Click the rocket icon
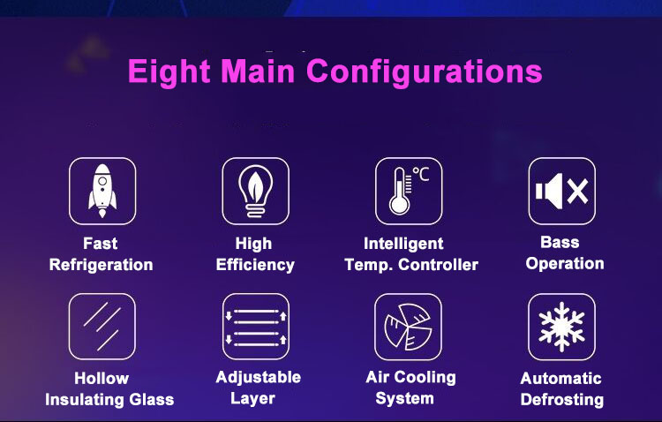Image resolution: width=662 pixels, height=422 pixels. [x=102, y=191]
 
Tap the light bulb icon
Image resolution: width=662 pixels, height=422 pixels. [x=255, y=191]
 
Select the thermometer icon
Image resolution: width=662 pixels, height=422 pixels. [x=400, y=191]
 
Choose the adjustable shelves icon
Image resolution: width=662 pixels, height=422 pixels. [x=256, y=328]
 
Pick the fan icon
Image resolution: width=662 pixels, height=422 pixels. [x=408, y=327]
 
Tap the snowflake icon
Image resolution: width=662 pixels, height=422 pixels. [x=561, y=327]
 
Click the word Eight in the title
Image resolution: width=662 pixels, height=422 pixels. [x=169, y=72]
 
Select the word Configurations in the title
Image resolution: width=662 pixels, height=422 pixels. [x=424, y=72]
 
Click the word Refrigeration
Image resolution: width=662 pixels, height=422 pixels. [x=101, y=265]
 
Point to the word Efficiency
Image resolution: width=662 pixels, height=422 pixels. [x=255, y=265]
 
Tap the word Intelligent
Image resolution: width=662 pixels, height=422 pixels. [x=403, y=244]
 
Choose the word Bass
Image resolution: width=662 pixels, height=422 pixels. [x=560, y=243]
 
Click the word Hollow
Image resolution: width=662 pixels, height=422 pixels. [x=102, y=378]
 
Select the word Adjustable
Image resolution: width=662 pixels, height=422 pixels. [x=258, y=377]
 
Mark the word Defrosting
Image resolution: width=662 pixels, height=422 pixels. [x=562, y=400]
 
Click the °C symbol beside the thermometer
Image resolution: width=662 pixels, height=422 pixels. [x=421, y=174]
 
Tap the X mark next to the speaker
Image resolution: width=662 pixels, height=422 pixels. [x=577, y=192]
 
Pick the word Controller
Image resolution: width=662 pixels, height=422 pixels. [x=438, y=265]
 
